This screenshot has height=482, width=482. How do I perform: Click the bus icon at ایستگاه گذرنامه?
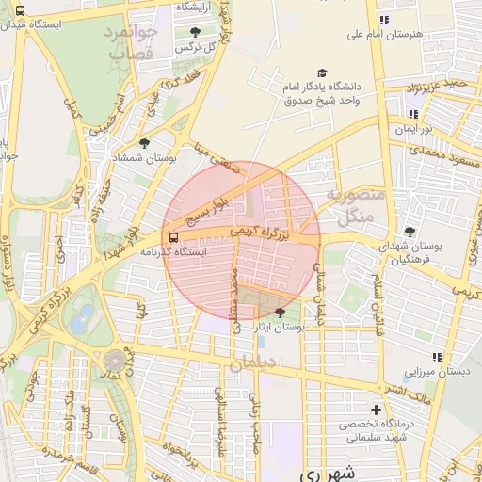172,237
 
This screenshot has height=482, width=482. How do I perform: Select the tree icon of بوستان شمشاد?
144,143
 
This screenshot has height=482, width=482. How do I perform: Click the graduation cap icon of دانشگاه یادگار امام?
323,72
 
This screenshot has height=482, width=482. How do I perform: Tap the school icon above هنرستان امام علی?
383,20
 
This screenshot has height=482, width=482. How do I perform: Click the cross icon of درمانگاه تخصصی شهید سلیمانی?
377,410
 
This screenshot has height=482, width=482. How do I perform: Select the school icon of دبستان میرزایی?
436,357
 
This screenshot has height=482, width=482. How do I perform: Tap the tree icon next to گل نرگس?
195,32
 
